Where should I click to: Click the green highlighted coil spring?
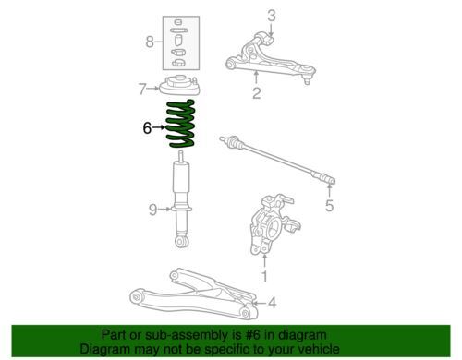coord(181,124)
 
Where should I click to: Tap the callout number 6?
coord(147,127)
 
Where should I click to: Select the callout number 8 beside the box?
coord(150,42)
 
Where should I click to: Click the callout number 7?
coord(142,89)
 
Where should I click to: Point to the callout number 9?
coord(152,210)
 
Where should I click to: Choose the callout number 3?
coord(272,16)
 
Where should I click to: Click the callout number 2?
coord(257,93)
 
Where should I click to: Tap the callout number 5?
coord(330,206)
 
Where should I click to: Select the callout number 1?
coord(264,276)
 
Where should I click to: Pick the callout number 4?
coord(272,303)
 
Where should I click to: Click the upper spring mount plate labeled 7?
coord(180,86)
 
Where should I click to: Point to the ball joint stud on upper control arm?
coord(307,81)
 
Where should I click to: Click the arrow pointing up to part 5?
coord(329,190)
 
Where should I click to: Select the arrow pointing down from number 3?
coord(271,30)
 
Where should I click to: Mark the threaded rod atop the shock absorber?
coord(181,157)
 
